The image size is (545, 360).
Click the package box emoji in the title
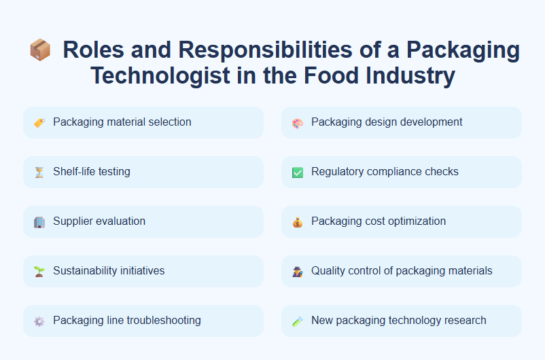click(x=40, y=50)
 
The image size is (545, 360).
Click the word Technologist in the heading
click(x=160, y=75)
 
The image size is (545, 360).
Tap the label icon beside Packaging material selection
click(x=39, y=123)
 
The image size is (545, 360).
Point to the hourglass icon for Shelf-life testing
click(x=39, y=173)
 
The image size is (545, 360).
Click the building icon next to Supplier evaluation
click(x=39, y=222)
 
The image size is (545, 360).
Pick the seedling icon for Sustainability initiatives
click(x=39, y=272)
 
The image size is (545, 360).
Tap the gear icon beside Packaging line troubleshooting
click(x=39, y=321)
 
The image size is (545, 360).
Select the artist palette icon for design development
click(x=297, y=123)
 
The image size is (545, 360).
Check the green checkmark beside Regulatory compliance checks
click(x=297, y=173)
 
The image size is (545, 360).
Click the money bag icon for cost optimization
click(x=297, y=222)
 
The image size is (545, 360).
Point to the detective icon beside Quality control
click(x=297, y=272)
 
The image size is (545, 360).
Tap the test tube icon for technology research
click(x=297, y=321)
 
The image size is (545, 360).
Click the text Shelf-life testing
click(x=92, y=172)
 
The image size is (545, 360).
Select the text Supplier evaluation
click(x=99, y=221)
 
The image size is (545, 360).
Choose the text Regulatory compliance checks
click(x=385, y=172)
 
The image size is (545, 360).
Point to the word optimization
click(x=415, y=221)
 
